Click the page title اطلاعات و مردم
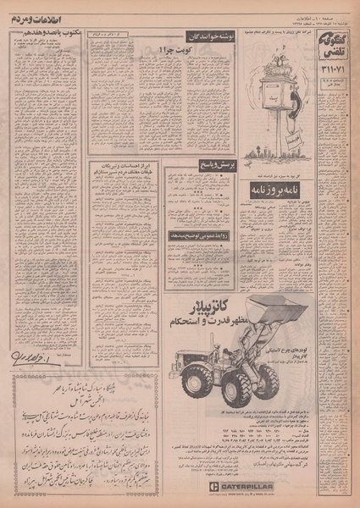(x=39, y=15)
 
